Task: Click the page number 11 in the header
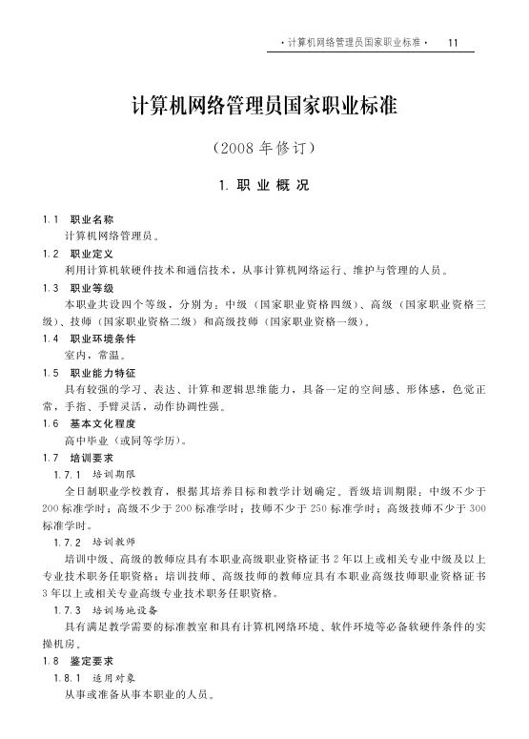click(x=454, y=43)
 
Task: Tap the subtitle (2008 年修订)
click(x=264, y=150)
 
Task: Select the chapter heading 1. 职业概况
click(x=264, y=184)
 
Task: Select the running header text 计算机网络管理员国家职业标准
click(x=354, y=43)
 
